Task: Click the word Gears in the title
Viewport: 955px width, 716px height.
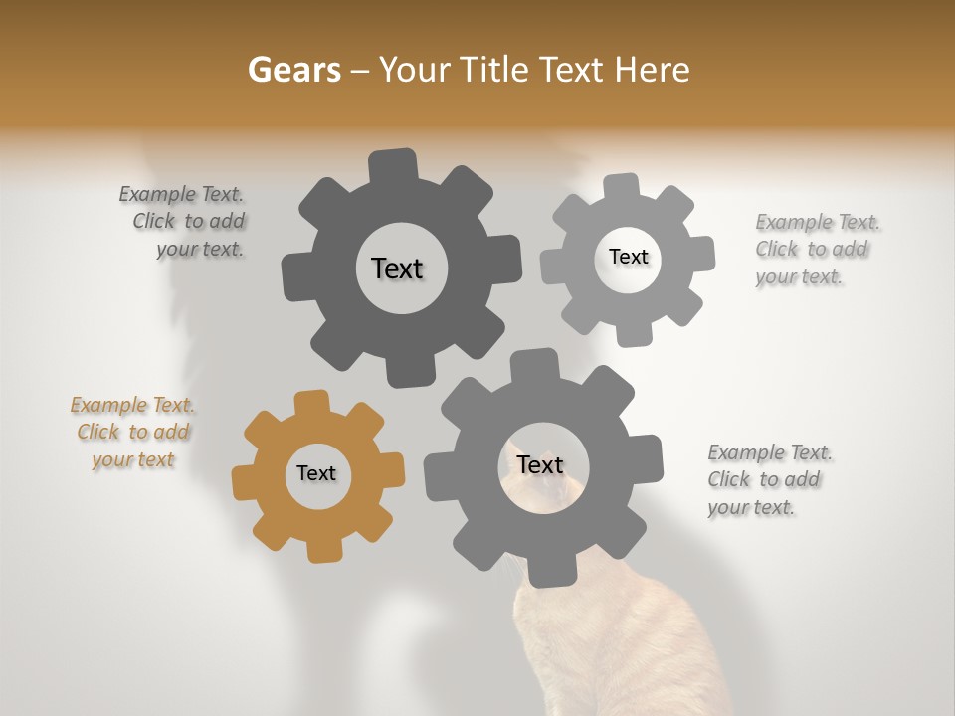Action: [293, 70]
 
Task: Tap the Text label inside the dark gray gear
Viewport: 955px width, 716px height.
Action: [397, 268]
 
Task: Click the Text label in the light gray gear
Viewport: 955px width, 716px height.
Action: [628, 257]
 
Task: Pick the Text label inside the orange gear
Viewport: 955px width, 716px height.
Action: [316, 473]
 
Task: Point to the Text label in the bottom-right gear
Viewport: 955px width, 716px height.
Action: [540, 464]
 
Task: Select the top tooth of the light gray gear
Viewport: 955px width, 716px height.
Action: [622, 187]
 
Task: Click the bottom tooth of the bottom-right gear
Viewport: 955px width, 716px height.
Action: [545, 572]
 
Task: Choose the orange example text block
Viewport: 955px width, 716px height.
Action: [133, 432]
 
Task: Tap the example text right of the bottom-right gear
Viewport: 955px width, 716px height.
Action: [767, 479]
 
